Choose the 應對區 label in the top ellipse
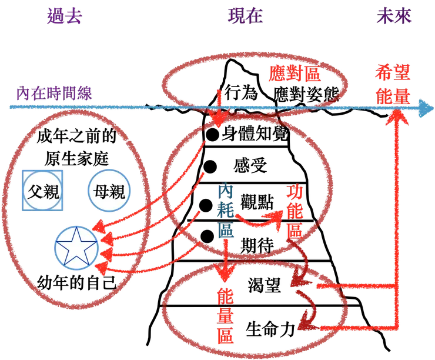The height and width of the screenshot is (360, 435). click(294, 75)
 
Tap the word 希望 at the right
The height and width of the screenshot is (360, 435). click(391, 73)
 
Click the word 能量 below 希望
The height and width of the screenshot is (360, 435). click(391, 94)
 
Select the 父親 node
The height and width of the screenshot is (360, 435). click(42, 191)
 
